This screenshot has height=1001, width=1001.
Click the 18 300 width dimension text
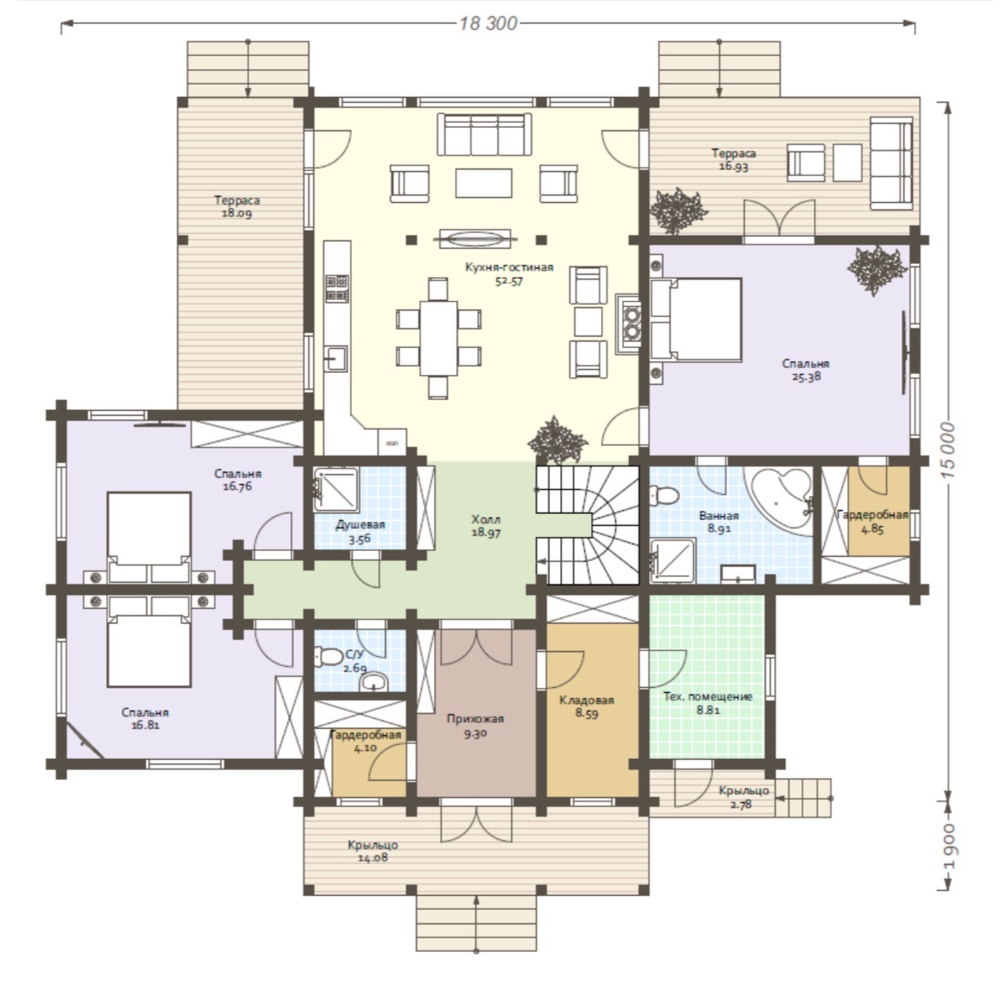click(x=488, y=24)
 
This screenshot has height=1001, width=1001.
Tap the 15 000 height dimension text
click(x=947, y=451)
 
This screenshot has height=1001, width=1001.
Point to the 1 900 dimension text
click(x=949, y=846)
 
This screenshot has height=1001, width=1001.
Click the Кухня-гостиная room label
click(x=509, y=267)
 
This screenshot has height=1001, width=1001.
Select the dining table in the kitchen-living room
click(x=439, y=337)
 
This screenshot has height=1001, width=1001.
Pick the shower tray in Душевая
click(x=336, y=489)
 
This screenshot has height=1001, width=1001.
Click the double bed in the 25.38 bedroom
click(x=696, y=320)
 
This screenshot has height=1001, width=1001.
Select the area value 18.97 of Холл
click(x=486, y=532)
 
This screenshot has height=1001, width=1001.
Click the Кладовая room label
click(x=586, y=699)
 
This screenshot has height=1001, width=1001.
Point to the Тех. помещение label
click(x=708, y=697)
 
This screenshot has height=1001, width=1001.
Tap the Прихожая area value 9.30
click(x=475, y=734)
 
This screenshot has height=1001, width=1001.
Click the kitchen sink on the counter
click(x=336, y=359)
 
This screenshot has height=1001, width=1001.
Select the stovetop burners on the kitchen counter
click(x=337, y=289)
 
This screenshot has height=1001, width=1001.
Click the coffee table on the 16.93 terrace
click(x=847, y=162)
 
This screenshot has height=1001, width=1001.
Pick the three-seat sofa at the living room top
click(x=484, y=134)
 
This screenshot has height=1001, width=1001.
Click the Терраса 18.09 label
click(x=237, y=206)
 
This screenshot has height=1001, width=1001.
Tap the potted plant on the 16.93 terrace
click(x=678, y=210)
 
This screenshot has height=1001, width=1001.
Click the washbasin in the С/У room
click(x=373, y=681)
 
